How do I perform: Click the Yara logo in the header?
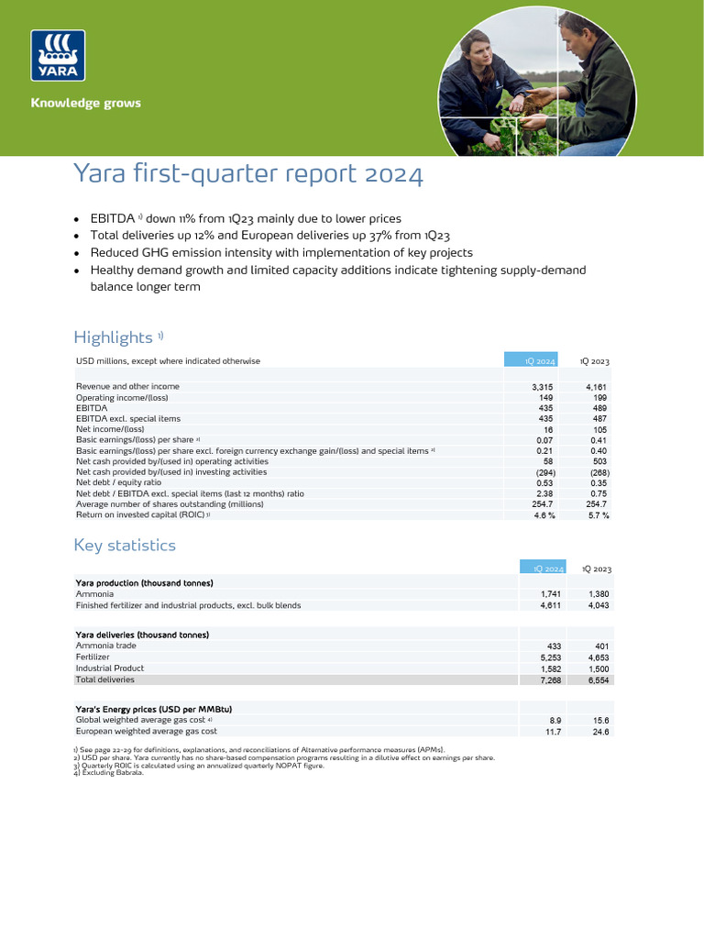pos(59,56)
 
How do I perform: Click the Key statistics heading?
pos(124,545)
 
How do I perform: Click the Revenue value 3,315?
pos(543,387)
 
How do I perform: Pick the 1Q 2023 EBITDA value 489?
pos(599,408)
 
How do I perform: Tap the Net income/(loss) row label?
pos(110,429)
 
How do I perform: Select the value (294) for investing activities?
pos(544,472)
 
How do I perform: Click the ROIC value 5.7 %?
pos(598,515)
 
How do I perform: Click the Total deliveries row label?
pos(104,679)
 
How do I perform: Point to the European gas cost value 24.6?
pos(600,732)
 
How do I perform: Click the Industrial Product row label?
pos(110,668)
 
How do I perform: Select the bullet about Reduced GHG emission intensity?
pos(280,252)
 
